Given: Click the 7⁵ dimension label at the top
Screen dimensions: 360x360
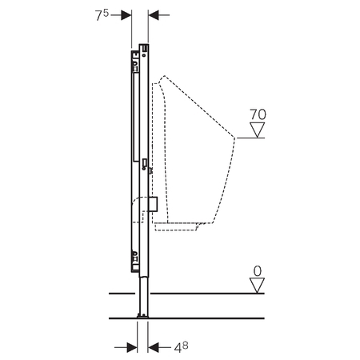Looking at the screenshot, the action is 102,15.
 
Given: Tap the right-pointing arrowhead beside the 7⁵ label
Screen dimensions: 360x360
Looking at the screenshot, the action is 126,15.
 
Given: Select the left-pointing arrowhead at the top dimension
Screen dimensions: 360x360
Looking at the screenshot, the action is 154,15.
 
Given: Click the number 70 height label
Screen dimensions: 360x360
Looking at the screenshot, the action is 258,114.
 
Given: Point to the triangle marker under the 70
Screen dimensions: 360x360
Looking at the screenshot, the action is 258,130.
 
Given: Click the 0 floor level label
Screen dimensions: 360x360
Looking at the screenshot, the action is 258,271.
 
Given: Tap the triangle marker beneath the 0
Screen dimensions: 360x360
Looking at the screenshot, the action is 257,286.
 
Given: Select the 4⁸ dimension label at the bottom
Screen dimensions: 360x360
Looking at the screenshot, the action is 181,347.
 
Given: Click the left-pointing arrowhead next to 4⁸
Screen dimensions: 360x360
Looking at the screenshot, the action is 154,347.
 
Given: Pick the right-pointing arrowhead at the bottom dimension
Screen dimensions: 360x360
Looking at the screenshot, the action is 132,347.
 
